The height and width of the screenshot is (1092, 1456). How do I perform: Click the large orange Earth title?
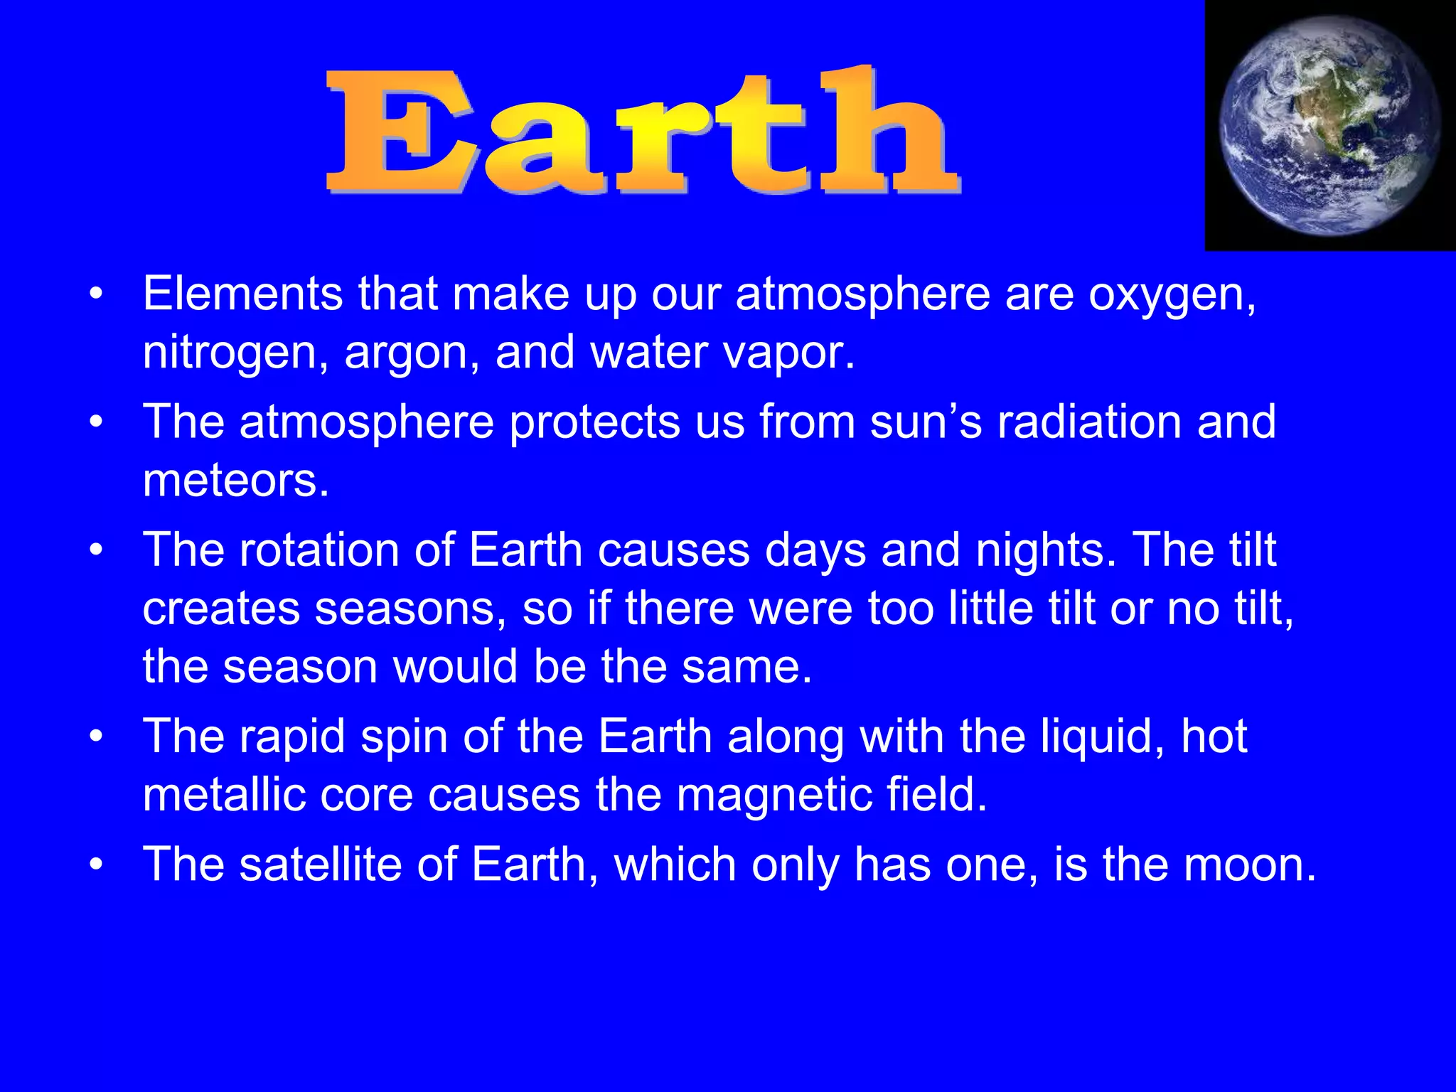643,132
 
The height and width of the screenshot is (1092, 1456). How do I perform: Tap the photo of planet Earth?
1329,126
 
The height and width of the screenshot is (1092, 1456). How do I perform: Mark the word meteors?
235,481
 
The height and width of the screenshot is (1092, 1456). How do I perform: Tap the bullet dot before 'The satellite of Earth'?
97,865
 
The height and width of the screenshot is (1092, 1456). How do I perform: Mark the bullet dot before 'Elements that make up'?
97,294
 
